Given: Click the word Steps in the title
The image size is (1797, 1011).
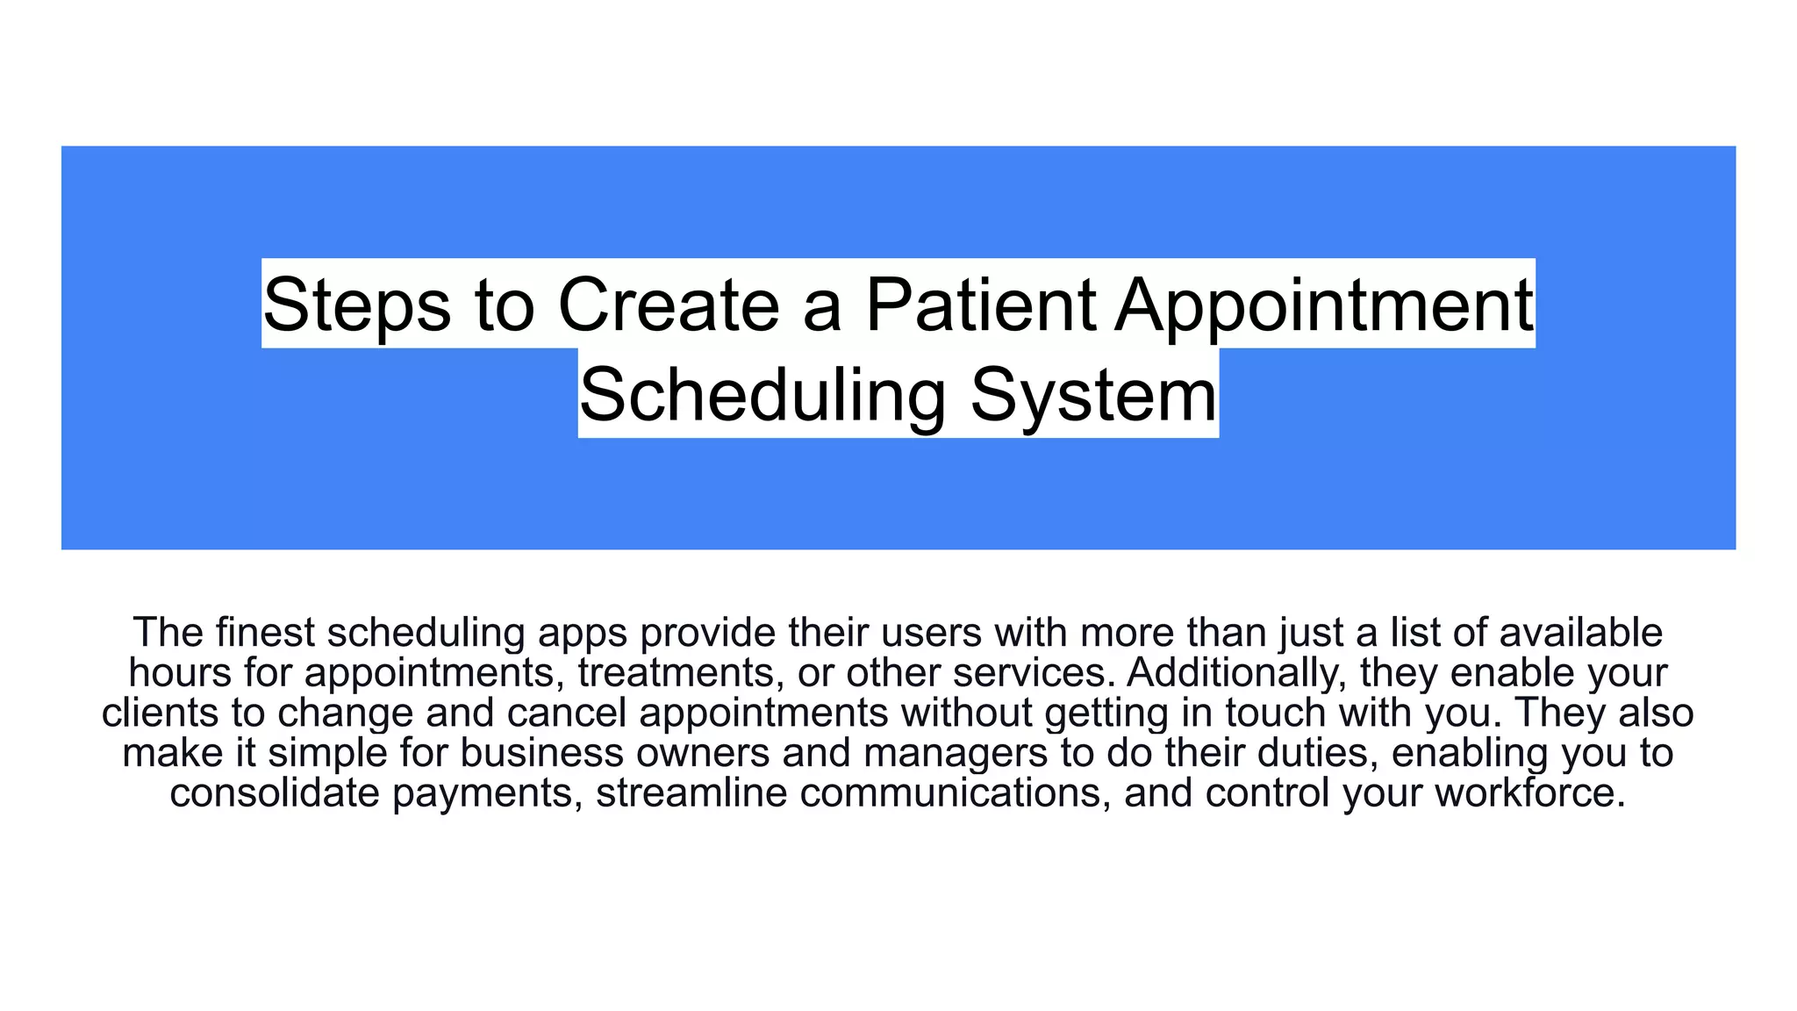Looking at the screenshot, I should coord(356,305).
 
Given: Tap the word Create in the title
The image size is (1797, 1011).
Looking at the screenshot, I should coord(669,305).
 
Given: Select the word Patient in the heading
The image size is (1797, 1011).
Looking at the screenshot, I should coord(980,305).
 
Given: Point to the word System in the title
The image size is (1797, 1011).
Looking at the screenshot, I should coord(1093,395).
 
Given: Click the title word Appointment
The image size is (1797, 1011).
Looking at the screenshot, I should coord(1324,305).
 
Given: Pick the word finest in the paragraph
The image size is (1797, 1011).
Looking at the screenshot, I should coord(267,633).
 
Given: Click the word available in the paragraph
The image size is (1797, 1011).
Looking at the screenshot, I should coord(1580,633).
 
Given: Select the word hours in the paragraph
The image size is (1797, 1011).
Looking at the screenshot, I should coord(179,673).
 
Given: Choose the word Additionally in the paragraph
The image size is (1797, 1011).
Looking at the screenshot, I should coord(1237,673).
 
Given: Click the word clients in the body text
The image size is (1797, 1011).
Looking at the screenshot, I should coord(160,713).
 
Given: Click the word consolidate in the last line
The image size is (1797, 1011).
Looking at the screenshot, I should coord(275,792).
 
